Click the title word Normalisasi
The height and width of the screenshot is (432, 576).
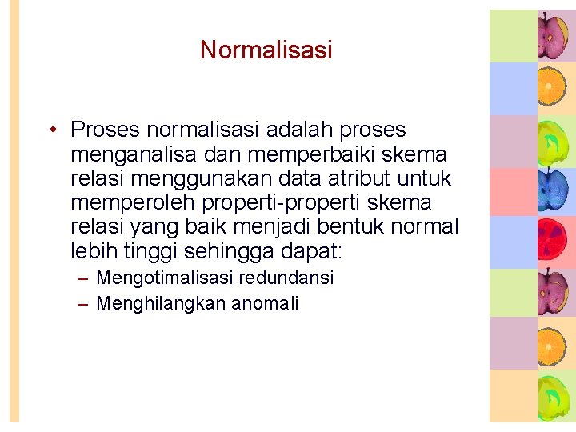coord(266,50)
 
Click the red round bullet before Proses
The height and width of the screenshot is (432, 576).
coord(50,130)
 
